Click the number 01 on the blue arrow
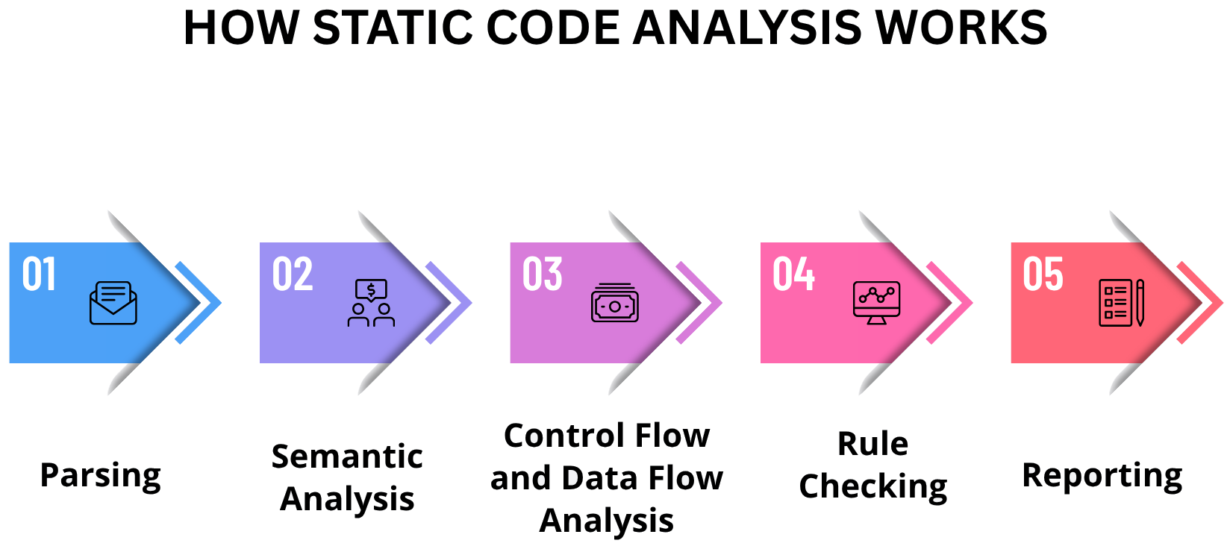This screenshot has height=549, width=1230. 39,274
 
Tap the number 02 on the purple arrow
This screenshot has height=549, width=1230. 292,274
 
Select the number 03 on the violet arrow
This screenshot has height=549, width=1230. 542,274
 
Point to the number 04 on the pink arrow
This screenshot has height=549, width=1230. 793,274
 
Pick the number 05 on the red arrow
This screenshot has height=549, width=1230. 1043,274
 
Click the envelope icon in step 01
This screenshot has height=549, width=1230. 113,303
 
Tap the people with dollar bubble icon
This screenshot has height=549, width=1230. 371,303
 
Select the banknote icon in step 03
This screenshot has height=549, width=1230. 614,304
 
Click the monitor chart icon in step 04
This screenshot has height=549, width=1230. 876,303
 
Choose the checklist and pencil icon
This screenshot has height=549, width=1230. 1121,303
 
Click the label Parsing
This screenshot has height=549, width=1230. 100,476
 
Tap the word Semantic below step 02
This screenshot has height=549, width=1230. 347,457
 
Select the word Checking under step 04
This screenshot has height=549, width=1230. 872,486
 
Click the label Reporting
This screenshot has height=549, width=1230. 1102,476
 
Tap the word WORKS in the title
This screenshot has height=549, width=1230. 961,28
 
